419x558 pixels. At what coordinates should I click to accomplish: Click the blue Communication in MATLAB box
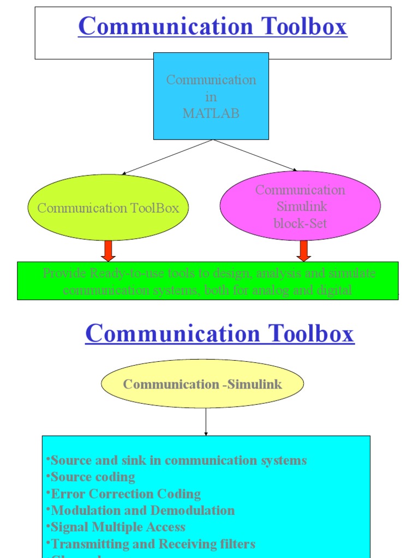pyautogui.click(x=211, y=96)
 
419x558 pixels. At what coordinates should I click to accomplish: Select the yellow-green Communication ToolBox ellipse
pyautogui.click(x=108, y=208)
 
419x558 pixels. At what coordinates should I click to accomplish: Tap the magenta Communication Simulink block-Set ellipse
pyautogui.click(x=300, y=206)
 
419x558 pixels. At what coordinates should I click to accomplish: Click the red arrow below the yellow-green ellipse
pyautogui.click(x=108, y=251)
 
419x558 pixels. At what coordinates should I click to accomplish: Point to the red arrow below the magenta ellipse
pyautogui.click(x=304, y=251)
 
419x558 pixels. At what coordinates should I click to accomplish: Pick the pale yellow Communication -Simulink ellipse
pyautogui.click(x=202, y=384)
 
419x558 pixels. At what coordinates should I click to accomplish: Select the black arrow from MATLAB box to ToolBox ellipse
pyautogui.click(x=167, y=157)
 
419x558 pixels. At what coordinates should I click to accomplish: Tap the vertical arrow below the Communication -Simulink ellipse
pyautogui.click(x=206, y=422)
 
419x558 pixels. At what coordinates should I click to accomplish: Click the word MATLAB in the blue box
pyautogui.click(x=211, y=113)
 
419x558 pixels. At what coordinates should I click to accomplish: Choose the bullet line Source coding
pyautogui.click(x=93, y=477)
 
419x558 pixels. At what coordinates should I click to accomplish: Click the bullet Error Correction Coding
pyautogui.click(x=125, y=494)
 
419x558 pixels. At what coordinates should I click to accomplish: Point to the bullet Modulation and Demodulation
pyautogui.click(x=142, y=511)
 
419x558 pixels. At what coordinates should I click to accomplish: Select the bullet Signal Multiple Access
pyautogui.click(x=118, y=527)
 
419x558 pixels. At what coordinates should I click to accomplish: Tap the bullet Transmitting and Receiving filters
pyautogui.click(x=153, y=544)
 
